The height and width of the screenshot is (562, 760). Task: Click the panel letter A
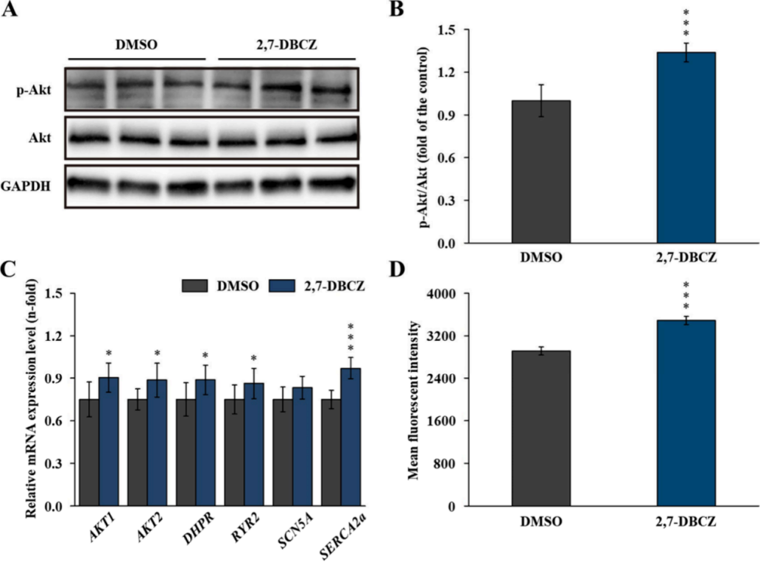tap(10, 10)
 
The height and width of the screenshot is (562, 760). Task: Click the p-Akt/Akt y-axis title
tap(425, 136)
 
